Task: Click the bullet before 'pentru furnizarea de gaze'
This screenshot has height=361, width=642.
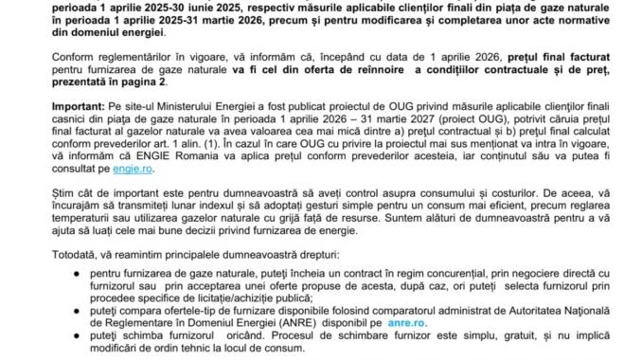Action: (55, 271)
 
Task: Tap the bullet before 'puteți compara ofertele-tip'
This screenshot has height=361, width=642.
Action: (55, 309)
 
